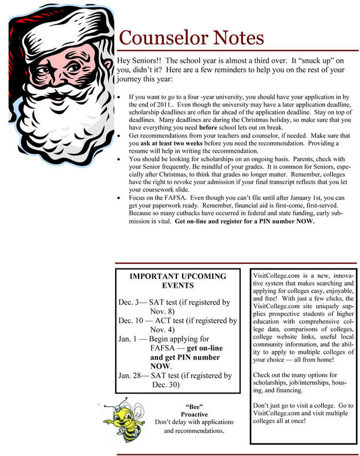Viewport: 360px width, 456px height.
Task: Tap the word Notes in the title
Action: (x=236, y=38)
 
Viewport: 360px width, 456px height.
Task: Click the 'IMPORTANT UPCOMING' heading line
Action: (x=178, y=276)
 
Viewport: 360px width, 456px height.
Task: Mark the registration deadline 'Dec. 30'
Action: (x=166, y=385)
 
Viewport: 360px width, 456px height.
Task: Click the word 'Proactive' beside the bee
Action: (x=194, y=414)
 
